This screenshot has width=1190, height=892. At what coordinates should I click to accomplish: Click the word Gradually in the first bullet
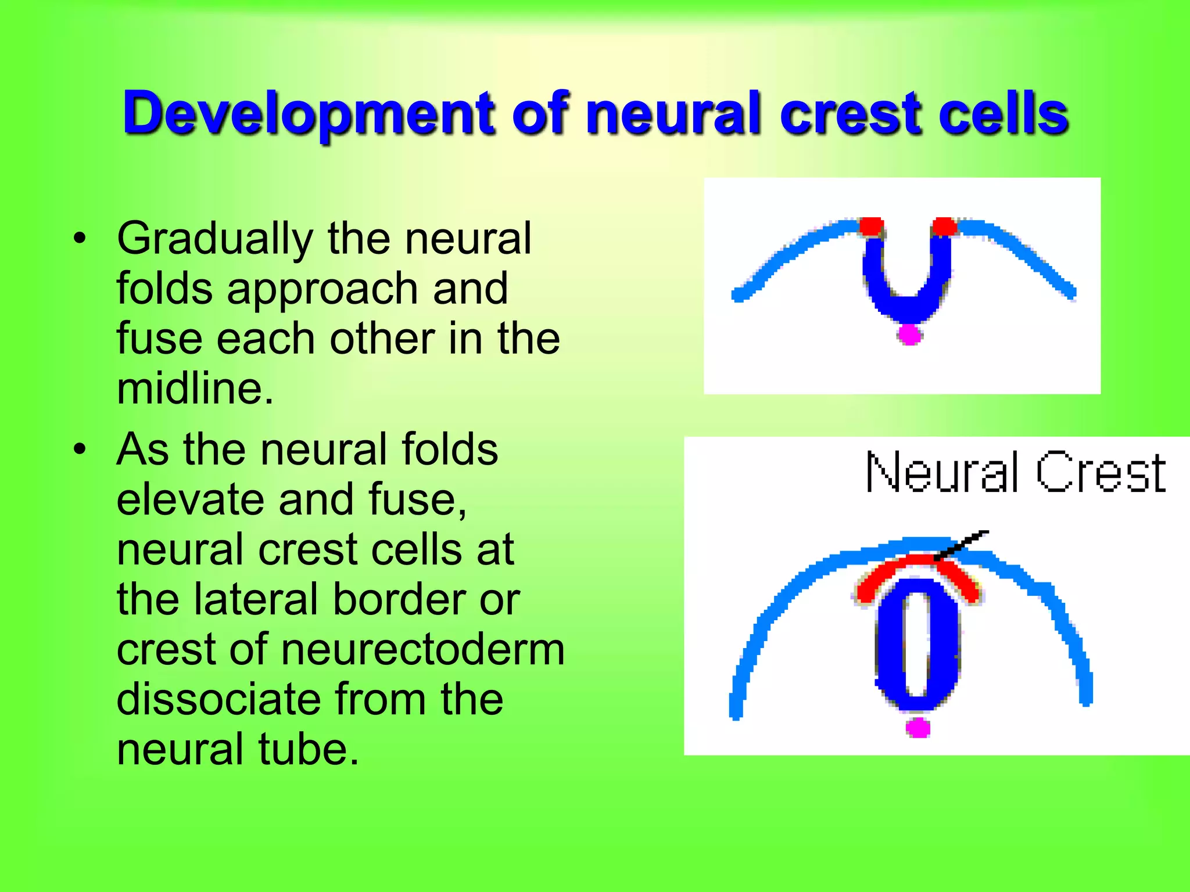(x=215, y=239)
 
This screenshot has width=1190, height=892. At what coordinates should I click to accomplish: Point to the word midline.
(x=195, y=389)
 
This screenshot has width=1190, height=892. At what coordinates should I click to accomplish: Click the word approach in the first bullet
(x=322, y=289)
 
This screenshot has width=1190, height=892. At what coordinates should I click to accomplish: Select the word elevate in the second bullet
(x=188, y=499)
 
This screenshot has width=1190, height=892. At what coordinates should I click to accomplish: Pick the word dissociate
(x=217, y=699)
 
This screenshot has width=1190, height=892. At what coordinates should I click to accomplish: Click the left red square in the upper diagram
(x=871, y=226)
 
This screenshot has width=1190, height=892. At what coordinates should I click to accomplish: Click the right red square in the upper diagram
(x=944, y=226)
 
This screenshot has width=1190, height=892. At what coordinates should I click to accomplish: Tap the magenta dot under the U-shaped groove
(x=909, y=334)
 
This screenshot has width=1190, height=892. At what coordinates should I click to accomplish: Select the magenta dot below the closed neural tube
(x=918, y=727)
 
